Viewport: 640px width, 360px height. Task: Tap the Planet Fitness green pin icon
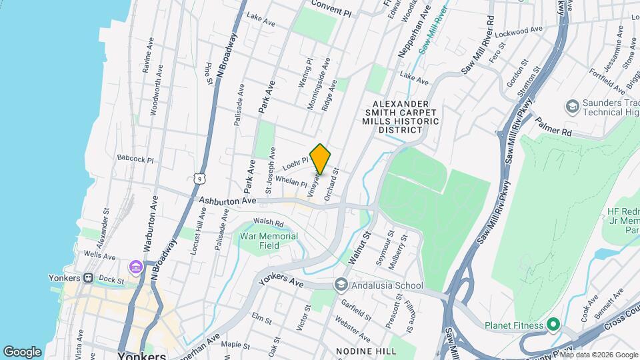coord(553,325)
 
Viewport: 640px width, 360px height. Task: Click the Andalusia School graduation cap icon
coord(342,285)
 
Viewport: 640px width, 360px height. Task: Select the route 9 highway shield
coord(199,177)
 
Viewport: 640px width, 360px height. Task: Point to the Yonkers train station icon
coord(87,279)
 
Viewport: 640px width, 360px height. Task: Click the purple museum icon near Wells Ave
coord(136,267)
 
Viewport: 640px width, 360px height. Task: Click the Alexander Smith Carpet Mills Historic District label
coord(399,117)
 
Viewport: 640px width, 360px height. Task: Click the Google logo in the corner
coord(22,351)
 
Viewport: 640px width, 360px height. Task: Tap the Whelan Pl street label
coord(290,183)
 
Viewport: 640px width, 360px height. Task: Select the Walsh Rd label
coord(269,223)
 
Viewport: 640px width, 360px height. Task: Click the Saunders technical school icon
coord(571,106)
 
